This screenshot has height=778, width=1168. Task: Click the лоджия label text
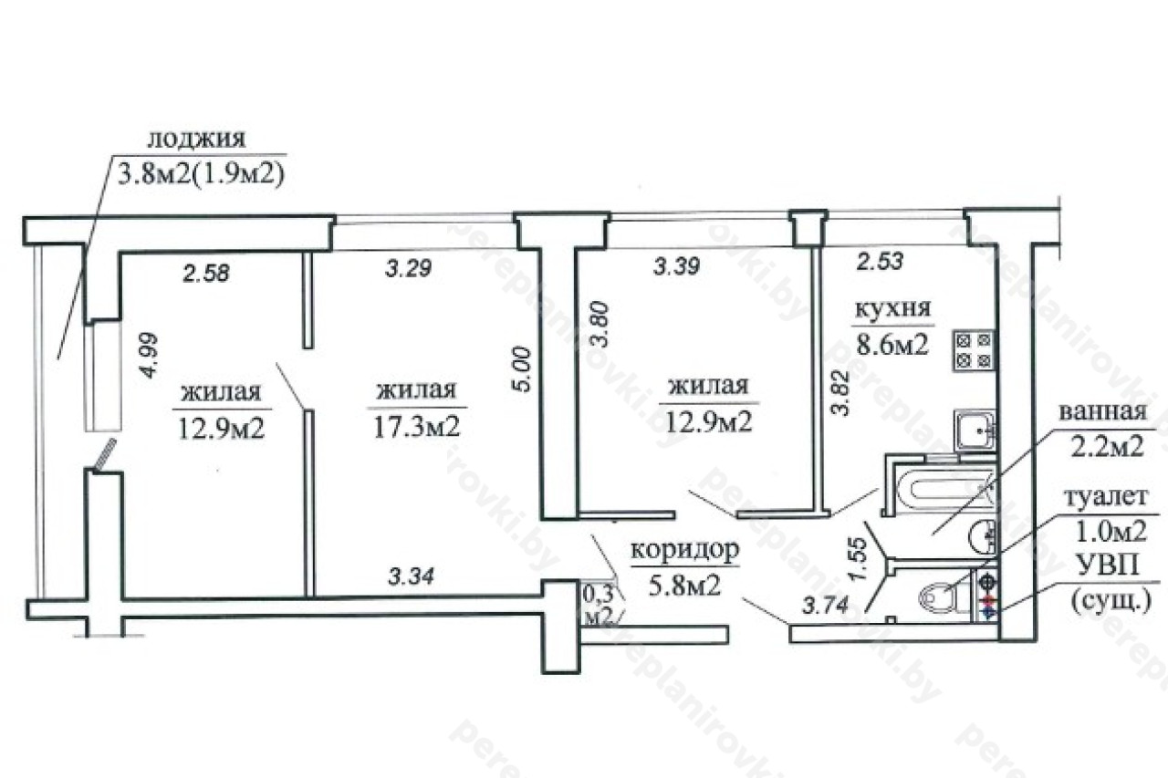click(x=196, y=140)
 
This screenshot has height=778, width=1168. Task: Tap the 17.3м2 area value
click(x=417, y=428)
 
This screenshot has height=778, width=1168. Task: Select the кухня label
click(x=893, y=309)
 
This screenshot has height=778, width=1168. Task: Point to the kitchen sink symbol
click(x=975, y=430)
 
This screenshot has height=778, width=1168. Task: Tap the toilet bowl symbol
click(x=944, y=601)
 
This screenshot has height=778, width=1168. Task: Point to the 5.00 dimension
click(x=521, y=370)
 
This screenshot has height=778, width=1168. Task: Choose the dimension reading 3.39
click(x=676, y=267)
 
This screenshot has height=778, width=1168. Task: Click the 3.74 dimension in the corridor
click(x=824, y=606)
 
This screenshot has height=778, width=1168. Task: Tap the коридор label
click(x=684, y=550)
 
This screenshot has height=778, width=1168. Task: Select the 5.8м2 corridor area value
click(x=684, y=586)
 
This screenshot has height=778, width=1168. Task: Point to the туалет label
click(x=1105, y=496)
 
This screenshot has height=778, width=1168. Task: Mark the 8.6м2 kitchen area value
click(x=893, y=345)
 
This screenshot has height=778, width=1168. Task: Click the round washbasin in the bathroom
click(x=984, y=536)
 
